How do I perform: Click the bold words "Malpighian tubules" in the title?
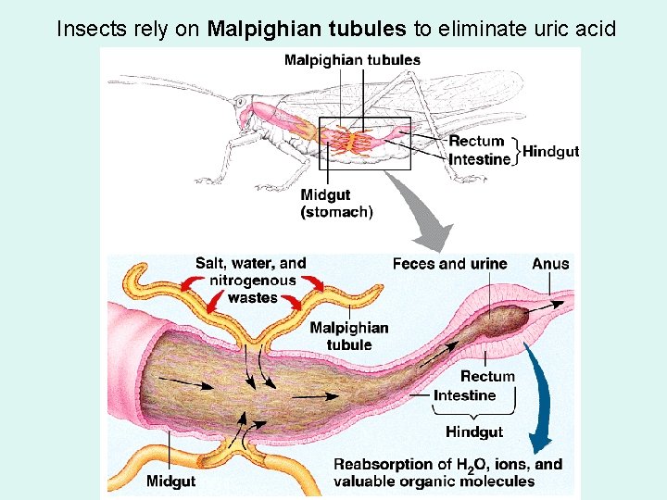click(x=307, y=29)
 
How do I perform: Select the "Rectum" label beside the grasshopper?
click(x=476, y=142)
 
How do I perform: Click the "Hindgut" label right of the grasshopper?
click(x=551, y=151)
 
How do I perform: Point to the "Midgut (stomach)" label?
click(x=336, y=204)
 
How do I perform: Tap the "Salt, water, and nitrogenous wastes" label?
click(x=250, y=281)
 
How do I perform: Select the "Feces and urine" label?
click(x=449, y=264)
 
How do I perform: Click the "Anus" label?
click(x=550, y=264)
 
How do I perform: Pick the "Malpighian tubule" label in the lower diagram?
click(x=349, y=336)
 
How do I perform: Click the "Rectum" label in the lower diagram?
click(x=487, y=377)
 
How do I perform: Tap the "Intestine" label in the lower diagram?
click(x=465, y=395)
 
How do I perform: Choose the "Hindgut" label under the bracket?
click(x=474, y=431)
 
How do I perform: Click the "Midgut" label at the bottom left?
click(x=170, y=481)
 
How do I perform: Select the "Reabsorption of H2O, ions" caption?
click(x=447, y=472)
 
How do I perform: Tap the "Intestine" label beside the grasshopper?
click(x=480, y=159)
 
